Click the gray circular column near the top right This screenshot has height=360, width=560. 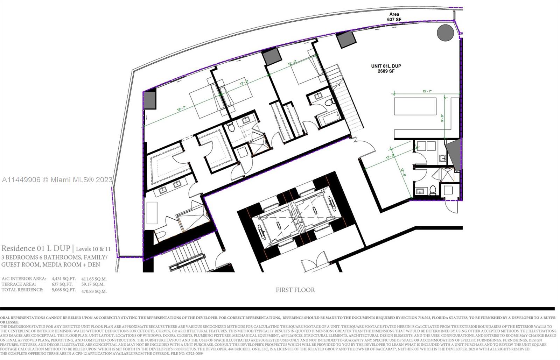(445, 33)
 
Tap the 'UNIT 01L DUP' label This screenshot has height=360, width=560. (386, 66)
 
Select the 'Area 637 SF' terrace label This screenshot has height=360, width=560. (394, 17)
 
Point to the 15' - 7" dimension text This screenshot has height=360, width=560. (426, 91)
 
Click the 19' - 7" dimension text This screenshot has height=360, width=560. (182, 110)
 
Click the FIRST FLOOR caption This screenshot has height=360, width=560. (295, 290)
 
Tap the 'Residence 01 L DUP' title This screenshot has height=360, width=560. (36, 248)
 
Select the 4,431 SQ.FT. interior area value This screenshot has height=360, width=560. (63, 279)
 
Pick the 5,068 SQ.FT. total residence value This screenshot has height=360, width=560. (63, 290)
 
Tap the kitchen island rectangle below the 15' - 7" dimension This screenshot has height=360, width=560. (415, 106)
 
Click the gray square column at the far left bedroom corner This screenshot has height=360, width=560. (150, 100)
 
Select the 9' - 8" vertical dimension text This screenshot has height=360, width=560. (442, 118)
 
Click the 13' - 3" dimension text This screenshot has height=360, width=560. (390, 157)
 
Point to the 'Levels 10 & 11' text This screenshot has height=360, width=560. (93, 249)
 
